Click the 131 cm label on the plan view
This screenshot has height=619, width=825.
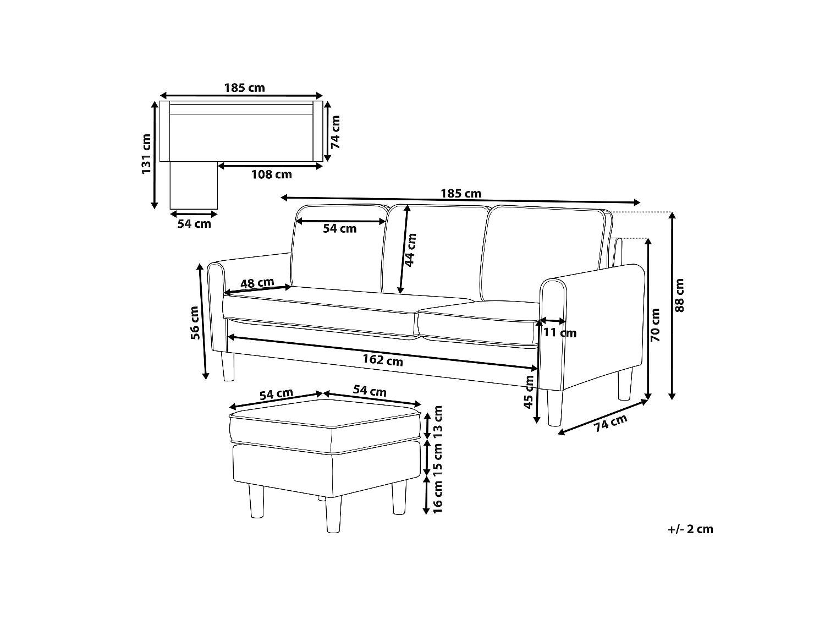pyautogui.click(x=146, y=154)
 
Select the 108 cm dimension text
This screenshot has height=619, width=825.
pyautogui.click(x=271, y=174)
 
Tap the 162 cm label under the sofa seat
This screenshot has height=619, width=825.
pyautogui.click(x=383, y=360)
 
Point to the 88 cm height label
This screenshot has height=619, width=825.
pyautogui.click(x=680, y=295)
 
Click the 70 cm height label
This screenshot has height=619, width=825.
pyautogui.click(x=655, y=325)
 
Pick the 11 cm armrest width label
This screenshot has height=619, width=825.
pyautogui.click(x=560, y=333)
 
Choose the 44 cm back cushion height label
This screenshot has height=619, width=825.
pyautogui.click(x=410, y=250)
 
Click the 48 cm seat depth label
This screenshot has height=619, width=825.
pyautogui.click(x=257, y=283)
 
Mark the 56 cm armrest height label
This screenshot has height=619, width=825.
pyautogui.click(x=195, y=323)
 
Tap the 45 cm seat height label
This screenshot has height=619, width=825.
pyautogui.click(x=529, y=392)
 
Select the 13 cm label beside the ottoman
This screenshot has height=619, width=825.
pyautogui.click(x=438, y=422)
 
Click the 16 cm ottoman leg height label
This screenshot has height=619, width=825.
pyautogui.click(x=438, y=497)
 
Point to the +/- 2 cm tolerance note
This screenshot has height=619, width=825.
pyautogui.click(x=690, y=529)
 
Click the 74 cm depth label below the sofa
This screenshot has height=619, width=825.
pyautogui.click(x=610, y=423)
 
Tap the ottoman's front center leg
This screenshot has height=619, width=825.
pyautogui.click(x=333, y=514)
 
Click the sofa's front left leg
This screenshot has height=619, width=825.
pyautogui.click(x=227, y=366)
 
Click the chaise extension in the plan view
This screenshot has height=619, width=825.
pyautogui.click(x=194, y=185)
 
